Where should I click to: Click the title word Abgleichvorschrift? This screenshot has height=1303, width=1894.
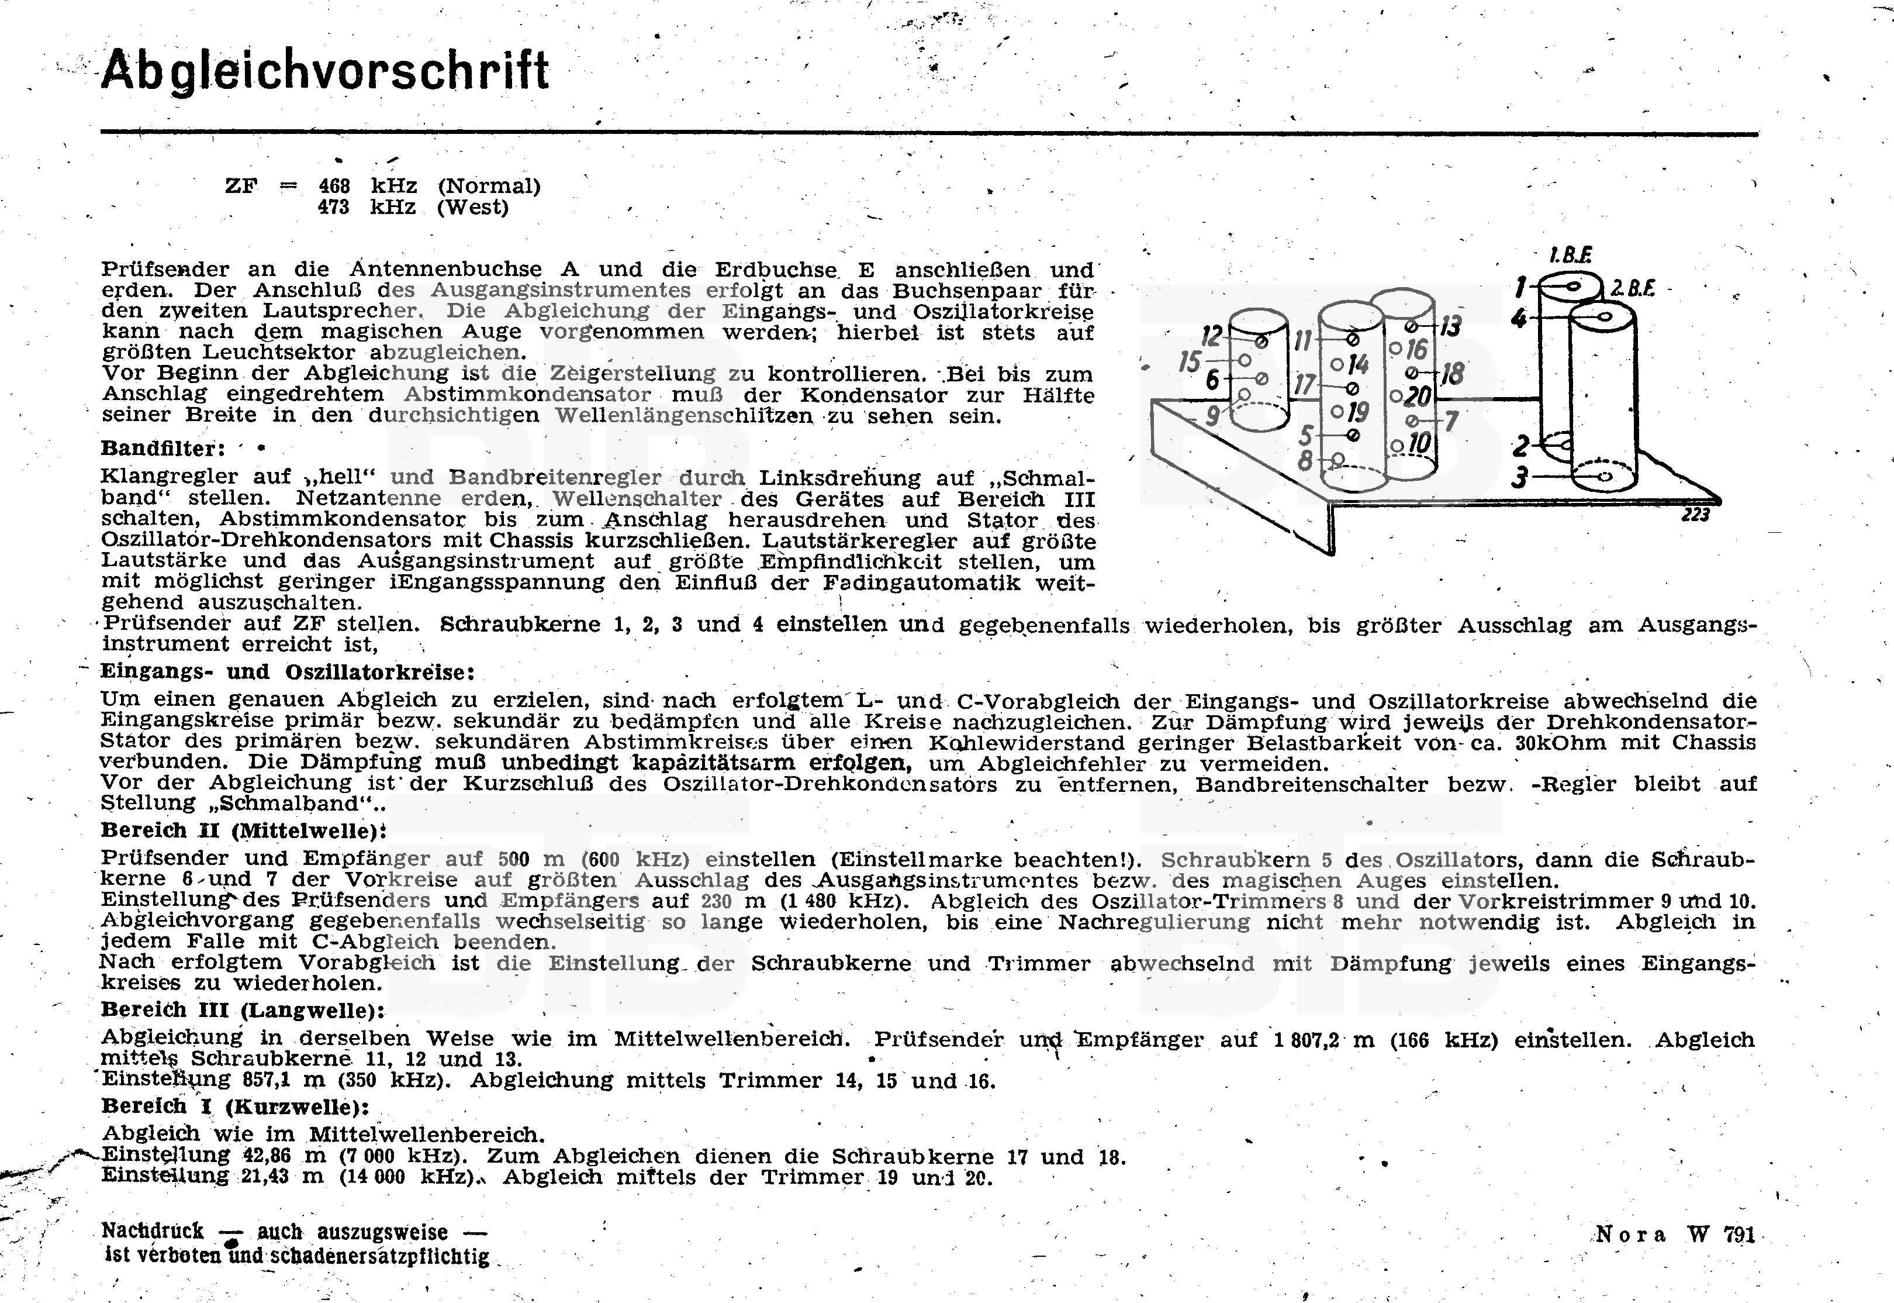click(x=325, y=71)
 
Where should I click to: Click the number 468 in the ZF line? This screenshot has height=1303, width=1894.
click(x=334, y=186)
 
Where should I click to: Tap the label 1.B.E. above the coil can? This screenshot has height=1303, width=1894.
click(x=1570, y=256)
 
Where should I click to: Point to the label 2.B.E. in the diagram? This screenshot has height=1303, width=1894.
click(x=1632, y=288)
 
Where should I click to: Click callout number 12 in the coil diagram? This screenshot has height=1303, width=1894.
click(x=1212, y=335)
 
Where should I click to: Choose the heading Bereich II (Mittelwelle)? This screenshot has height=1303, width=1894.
click(x=243, y=830)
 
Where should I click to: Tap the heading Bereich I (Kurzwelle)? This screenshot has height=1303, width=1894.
click(x=235, y=1107)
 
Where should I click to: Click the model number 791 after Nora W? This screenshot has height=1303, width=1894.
click(x=1739, y=1235)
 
